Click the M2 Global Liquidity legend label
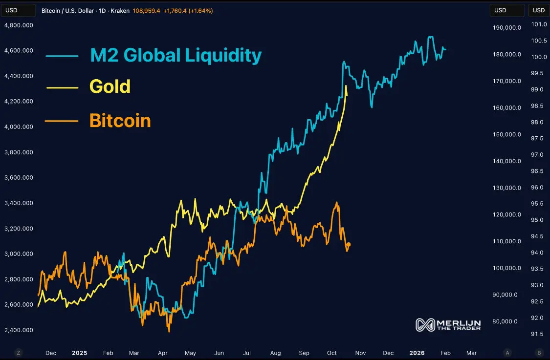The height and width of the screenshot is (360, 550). [x=176, y=55]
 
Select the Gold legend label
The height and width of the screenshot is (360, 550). [x=110, y=86]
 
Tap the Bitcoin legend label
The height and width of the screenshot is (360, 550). [x=120, y=120]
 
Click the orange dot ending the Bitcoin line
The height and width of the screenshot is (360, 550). [x=349, y=245]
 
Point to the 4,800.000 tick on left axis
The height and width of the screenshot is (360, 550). [x=19, y=25]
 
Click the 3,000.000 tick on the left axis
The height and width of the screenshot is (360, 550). [x=19, y=254]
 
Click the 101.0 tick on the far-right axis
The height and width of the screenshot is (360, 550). [x=539, y=24]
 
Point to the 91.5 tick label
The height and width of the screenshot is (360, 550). [x=537, y=334]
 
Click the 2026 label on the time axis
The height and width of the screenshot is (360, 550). [x=417, y=353]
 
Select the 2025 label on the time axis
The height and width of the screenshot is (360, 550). [x=79, y=353]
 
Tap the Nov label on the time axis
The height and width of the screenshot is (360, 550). [x=361, y=353]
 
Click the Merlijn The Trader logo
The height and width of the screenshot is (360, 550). [x=448, y=325]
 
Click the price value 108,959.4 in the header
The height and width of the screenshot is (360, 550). [x=147, y=10]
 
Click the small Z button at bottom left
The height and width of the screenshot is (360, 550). [x=19, y=353]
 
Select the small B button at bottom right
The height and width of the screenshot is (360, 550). [x=539, y=353]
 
